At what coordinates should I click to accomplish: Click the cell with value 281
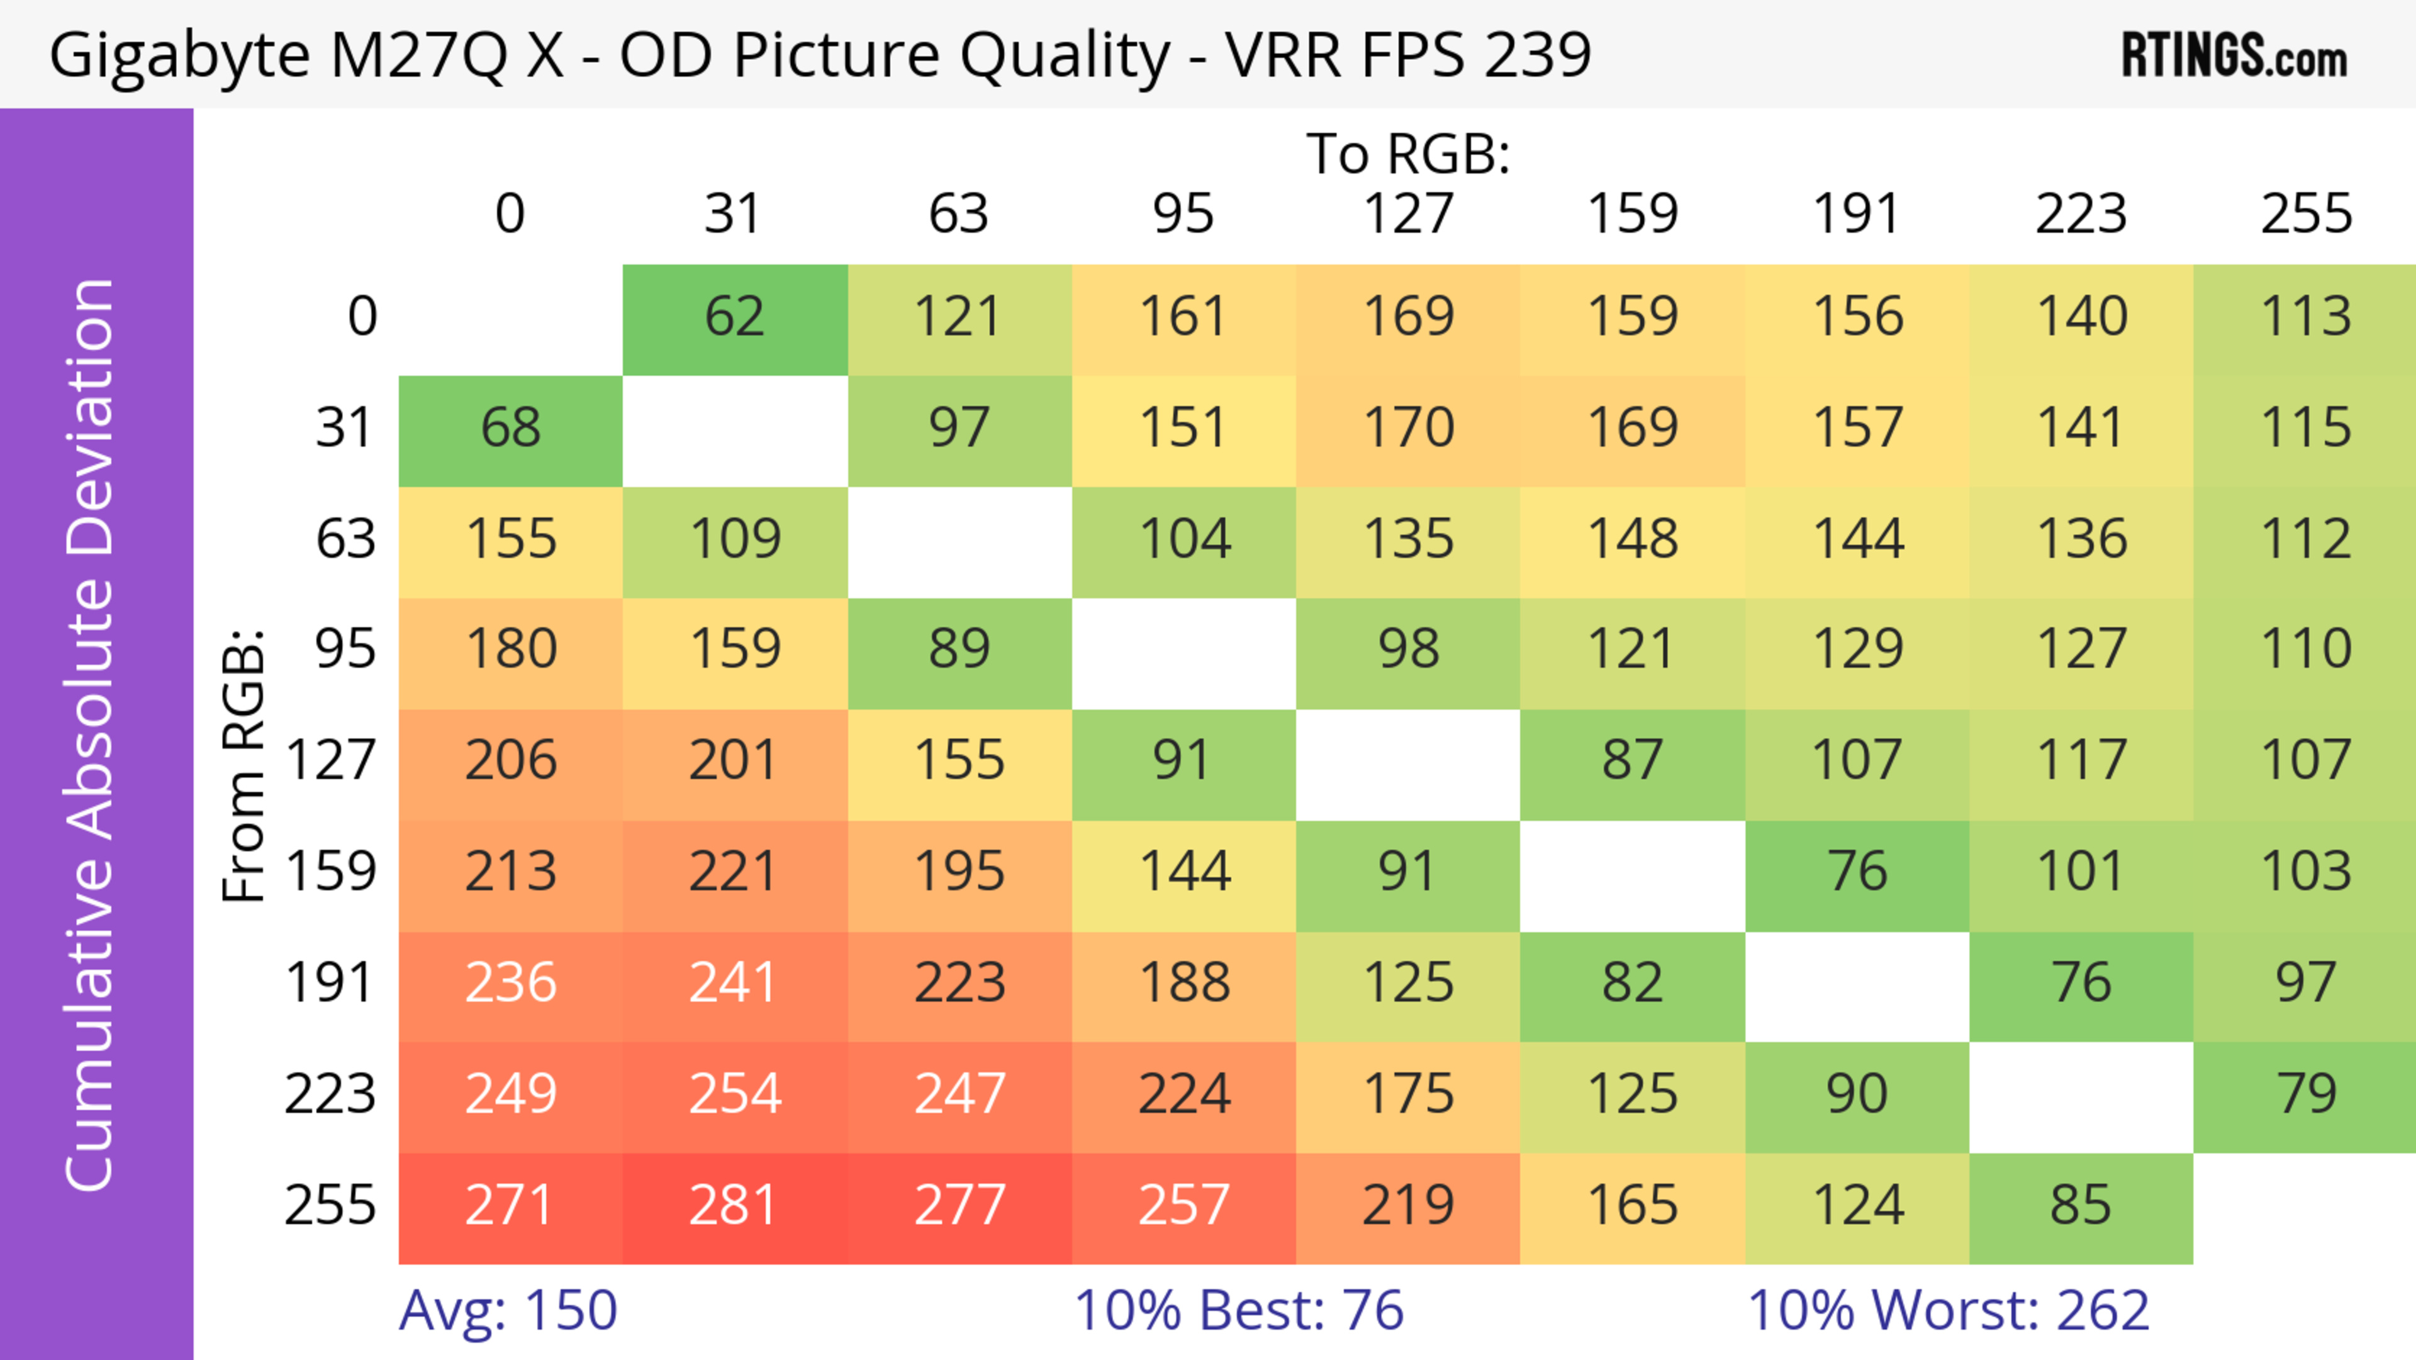pyautogui.click(x=734, y=1207)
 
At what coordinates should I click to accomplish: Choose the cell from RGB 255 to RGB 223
pyautogui.click(x=2080, y=1207)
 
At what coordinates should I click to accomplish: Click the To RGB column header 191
pyautogui.click(x=1856, y=214)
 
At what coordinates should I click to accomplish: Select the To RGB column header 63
pyautogui.click(x=958, y=214)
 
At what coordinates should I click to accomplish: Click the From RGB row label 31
pyautogui.click(x=345, y=429)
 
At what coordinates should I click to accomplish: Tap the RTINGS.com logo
pyautogui.click(x=2234, y=56)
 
